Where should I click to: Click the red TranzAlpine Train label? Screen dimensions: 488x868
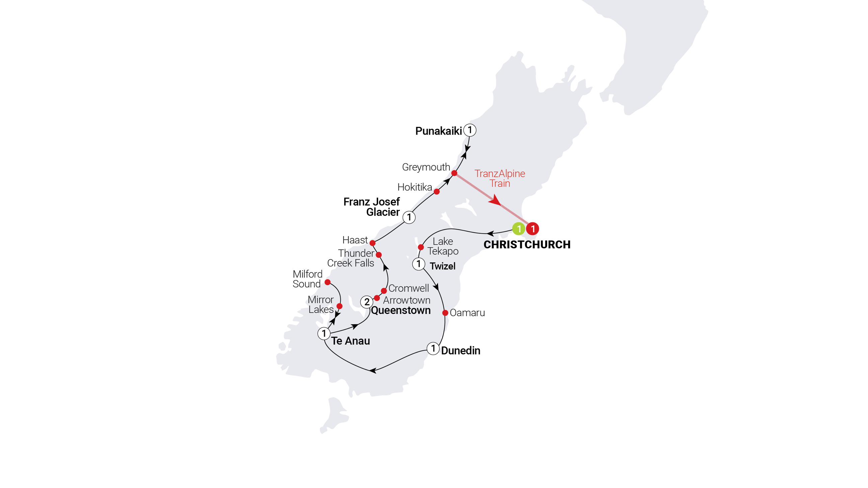pyautogui.click(x=500, y=178)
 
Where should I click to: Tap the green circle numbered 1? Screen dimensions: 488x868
pyautogui.click(x=519, y=229)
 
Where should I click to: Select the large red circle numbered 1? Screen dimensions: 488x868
pyautogui.click(x=533, y=229)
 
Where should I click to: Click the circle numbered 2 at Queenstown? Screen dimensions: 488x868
pyautogui.click(x=367, y=302)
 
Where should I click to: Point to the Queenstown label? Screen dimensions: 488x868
pyautogui.click(x=401, y=311)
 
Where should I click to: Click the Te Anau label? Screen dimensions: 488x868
pyautogui.click(x=350, y=341)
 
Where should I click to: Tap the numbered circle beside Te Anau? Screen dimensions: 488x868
pyautogui.click(x=324, y=334)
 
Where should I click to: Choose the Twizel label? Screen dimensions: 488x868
pyautogui.click(x=442, y=266)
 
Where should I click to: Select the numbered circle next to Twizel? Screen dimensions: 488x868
pyautogui.click(x=419, y=264)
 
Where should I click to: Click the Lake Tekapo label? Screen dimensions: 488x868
pyautogui.click(x=443, y=246)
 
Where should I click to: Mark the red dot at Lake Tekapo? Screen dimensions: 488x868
pyautogui.click(x=421, y=248)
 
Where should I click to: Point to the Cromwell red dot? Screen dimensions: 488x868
pyautogui.click(x=384, y=291)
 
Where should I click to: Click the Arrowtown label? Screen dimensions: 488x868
pyautogui.click(x=406, y=300)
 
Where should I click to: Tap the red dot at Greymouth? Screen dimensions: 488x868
pyautogui.click(x=454, y=173)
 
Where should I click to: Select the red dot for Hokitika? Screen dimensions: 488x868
pyautogui.click(x=437, y=192)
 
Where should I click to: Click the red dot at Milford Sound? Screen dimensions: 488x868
pyautogui.click(x=328, y=282)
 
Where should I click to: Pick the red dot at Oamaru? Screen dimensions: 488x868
pyautogui.click(x=445, y=313)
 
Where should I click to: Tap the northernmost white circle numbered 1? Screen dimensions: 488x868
pyautogui.click(x=470, y=130)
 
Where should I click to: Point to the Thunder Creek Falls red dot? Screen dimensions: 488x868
pyautogui.click(x=379, y=255)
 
